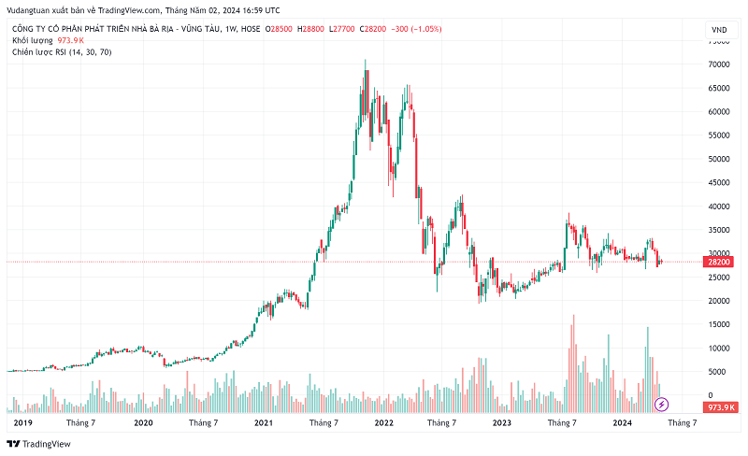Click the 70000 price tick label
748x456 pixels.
[x=718, y=64]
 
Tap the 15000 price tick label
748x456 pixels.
[x=718, y=324]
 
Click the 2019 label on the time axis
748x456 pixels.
[x=23, y=423]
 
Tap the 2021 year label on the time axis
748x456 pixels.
[x=263, y=423]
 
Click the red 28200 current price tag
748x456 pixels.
[x=718, y=263]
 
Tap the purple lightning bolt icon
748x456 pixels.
[x=661, y=405]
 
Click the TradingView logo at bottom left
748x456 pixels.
[x=41, y=443]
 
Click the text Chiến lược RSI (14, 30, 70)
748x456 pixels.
[x=62, y=52]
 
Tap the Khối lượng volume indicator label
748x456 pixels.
[x=33, y=41]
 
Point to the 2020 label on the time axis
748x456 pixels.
[x=143, y=423]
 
